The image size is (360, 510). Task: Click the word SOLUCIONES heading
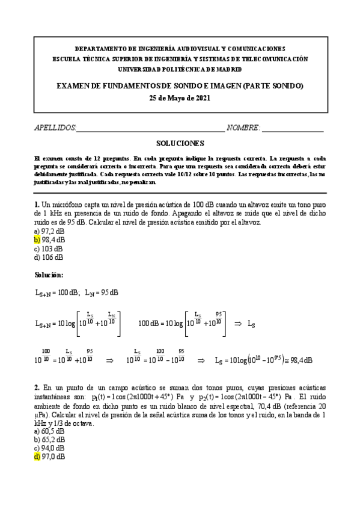tap(180, 144)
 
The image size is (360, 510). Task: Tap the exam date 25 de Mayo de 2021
tap(180, 98)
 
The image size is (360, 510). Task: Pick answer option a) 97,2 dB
tap(49, 231)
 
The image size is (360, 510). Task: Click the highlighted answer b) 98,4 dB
tap(49, 240)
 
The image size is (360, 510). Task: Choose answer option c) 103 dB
tap(49, 249)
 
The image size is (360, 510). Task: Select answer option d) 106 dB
tap(49, 258)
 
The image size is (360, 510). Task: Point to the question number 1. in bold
tap(37, 204)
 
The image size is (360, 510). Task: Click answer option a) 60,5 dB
tap(49, 431)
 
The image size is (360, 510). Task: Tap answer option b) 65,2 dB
tap(49, 440)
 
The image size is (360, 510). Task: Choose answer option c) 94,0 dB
tap(49, 449)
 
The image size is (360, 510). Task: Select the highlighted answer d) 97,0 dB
tap(49, 458)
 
